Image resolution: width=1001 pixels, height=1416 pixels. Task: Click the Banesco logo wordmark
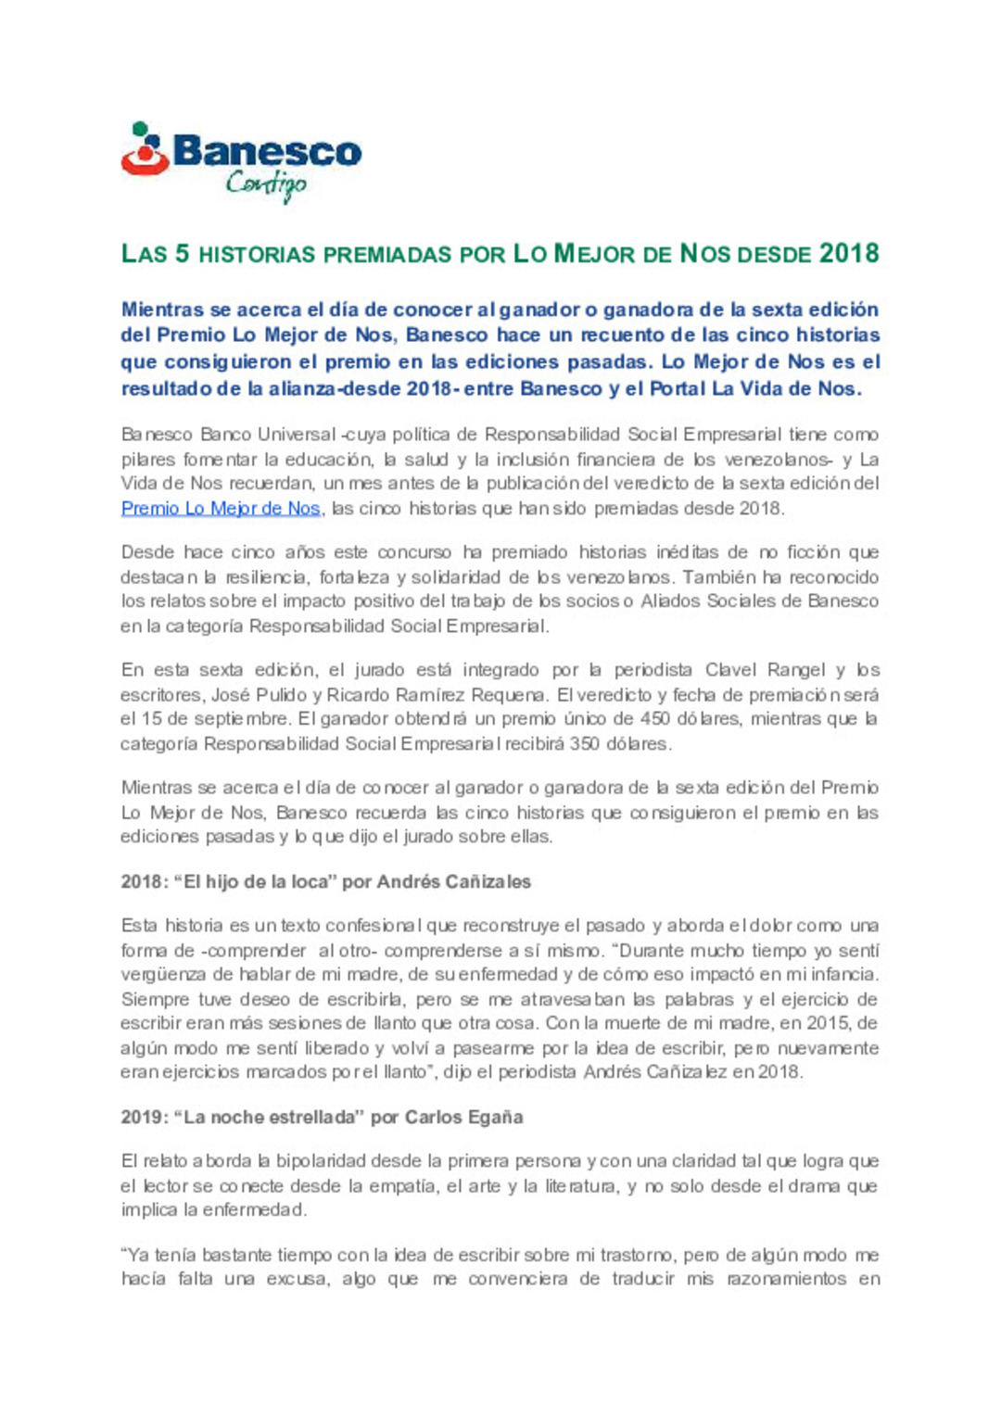(267, 151)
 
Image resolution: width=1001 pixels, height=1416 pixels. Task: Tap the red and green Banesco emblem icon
(145, 149)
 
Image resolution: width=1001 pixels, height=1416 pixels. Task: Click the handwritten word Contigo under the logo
(265, 184)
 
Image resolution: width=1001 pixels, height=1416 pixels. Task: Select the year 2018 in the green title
(849, 253)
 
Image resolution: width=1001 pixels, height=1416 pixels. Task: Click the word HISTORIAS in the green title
(258, 254)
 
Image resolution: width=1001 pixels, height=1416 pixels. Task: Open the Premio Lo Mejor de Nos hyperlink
(221, 508)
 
